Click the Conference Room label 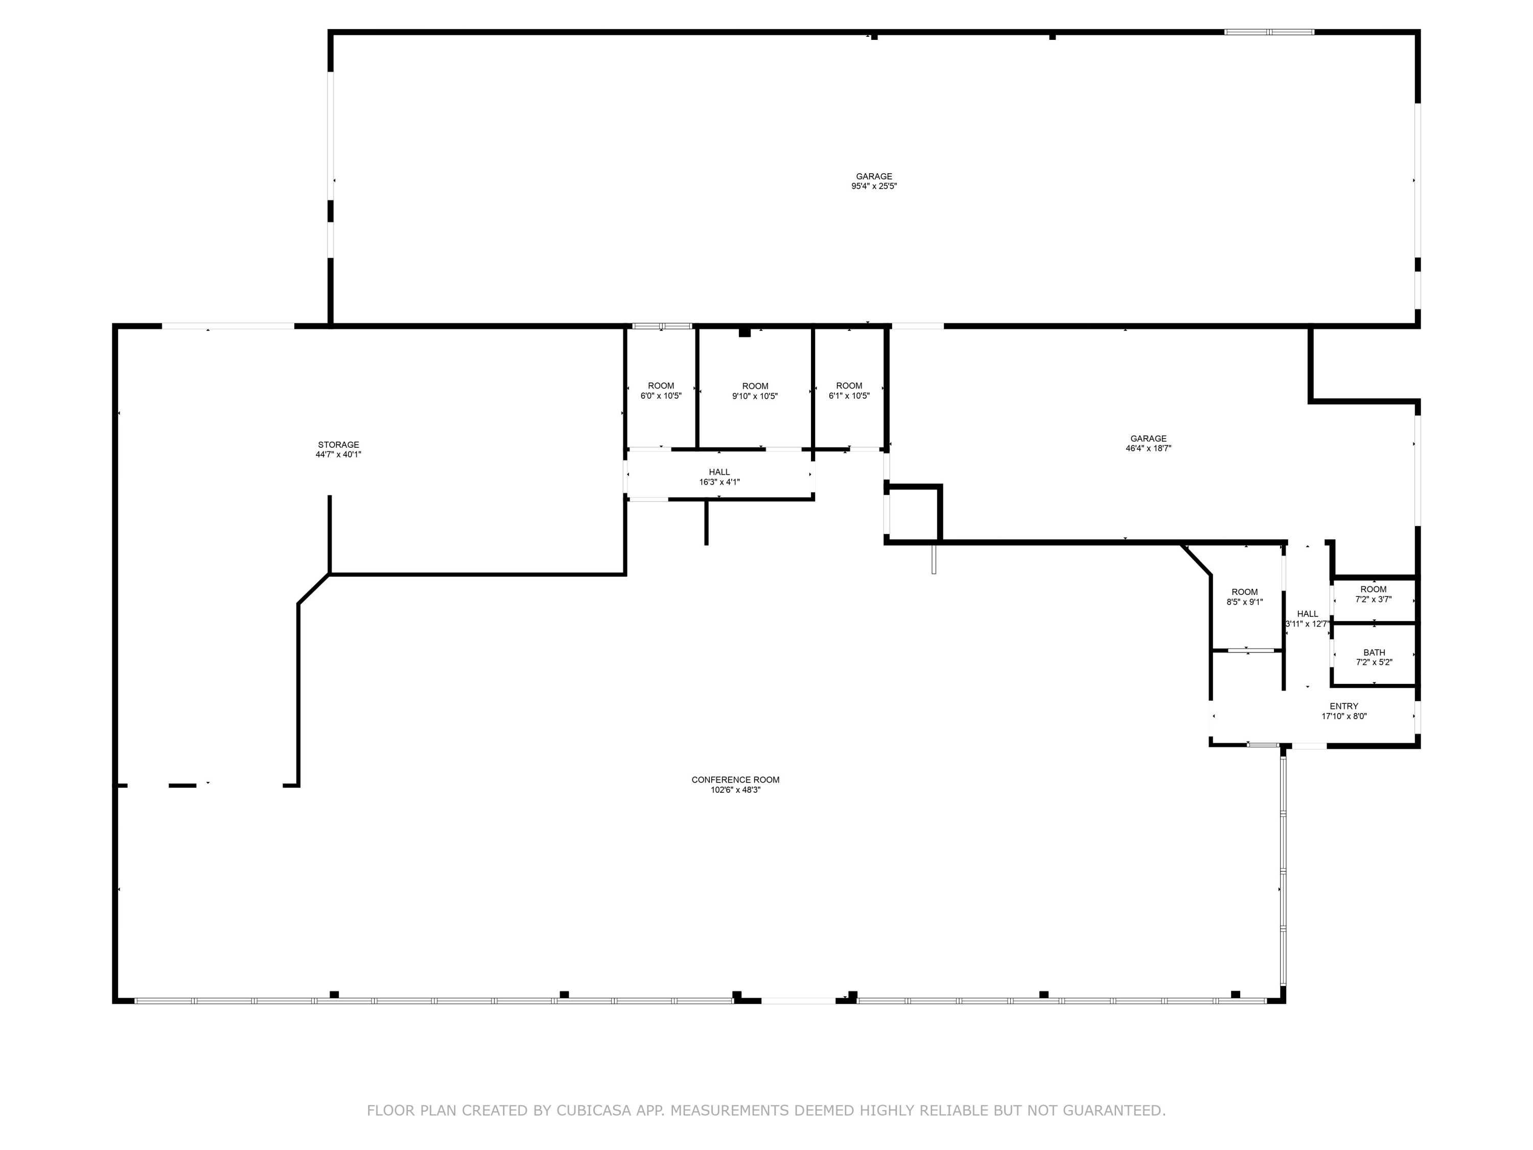point(735,780)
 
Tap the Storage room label point(338,445)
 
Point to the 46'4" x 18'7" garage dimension point(1148,448)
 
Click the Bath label point(1374,652)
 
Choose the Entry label point(1344,706)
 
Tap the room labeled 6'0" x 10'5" point(661,391)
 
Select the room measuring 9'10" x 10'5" point(755,391)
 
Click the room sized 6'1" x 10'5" point(849,391)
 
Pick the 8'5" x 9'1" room point(1245,597)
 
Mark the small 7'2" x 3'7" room point(1374,594)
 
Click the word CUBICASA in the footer point(594,1111)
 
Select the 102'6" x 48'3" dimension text point(735,790)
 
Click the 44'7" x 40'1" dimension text point(338,455)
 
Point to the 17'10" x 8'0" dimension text point(1344,717)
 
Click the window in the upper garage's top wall point(1269,32)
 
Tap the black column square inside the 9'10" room point(745,332)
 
